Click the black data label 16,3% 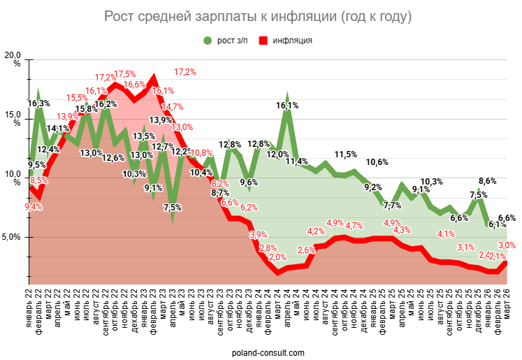click(38, 103)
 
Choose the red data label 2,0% click(277, 257)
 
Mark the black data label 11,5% click(345, 154)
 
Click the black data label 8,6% click(487, 181)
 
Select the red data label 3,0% click(507, 245)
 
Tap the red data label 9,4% click(34, 206)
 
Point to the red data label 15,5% click(77, 98)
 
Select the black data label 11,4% click(298, 161)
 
